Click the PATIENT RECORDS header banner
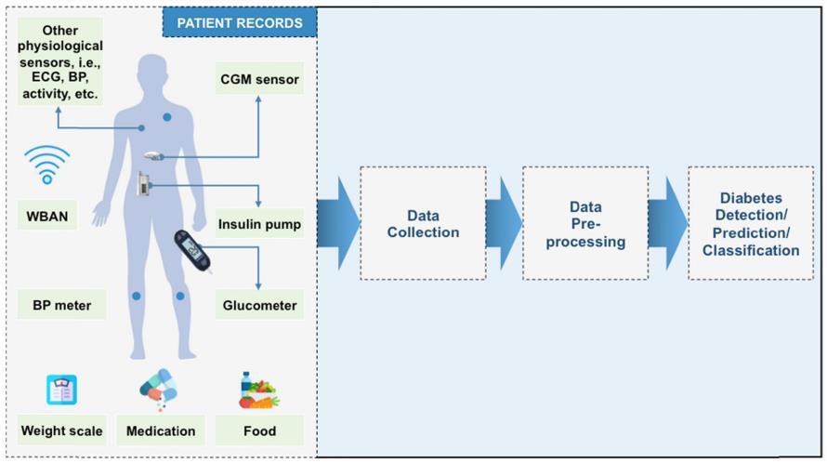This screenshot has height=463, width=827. tap(239, 22)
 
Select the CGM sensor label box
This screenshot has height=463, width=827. tap(259, 79)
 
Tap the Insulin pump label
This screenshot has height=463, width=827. tap(259, 224)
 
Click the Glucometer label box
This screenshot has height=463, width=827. tap(259, 305)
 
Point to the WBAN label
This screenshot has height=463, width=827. tap(47, 218)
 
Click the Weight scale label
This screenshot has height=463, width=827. tap(61, 430)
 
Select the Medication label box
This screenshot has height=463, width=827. tap(161, 430)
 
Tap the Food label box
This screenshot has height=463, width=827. tap(259, 430)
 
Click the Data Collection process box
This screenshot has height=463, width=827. tap(423, 223)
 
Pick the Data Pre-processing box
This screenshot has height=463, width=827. tap(585, 223)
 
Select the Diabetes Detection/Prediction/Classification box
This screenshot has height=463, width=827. tap(751, 223)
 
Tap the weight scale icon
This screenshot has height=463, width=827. tap(61, 389)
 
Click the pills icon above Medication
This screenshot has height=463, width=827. tap(160, 390)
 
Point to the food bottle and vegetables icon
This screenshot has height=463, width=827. tap(257, 390)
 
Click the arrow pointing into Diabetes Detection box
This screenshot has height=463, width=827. tap(668, 223)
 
